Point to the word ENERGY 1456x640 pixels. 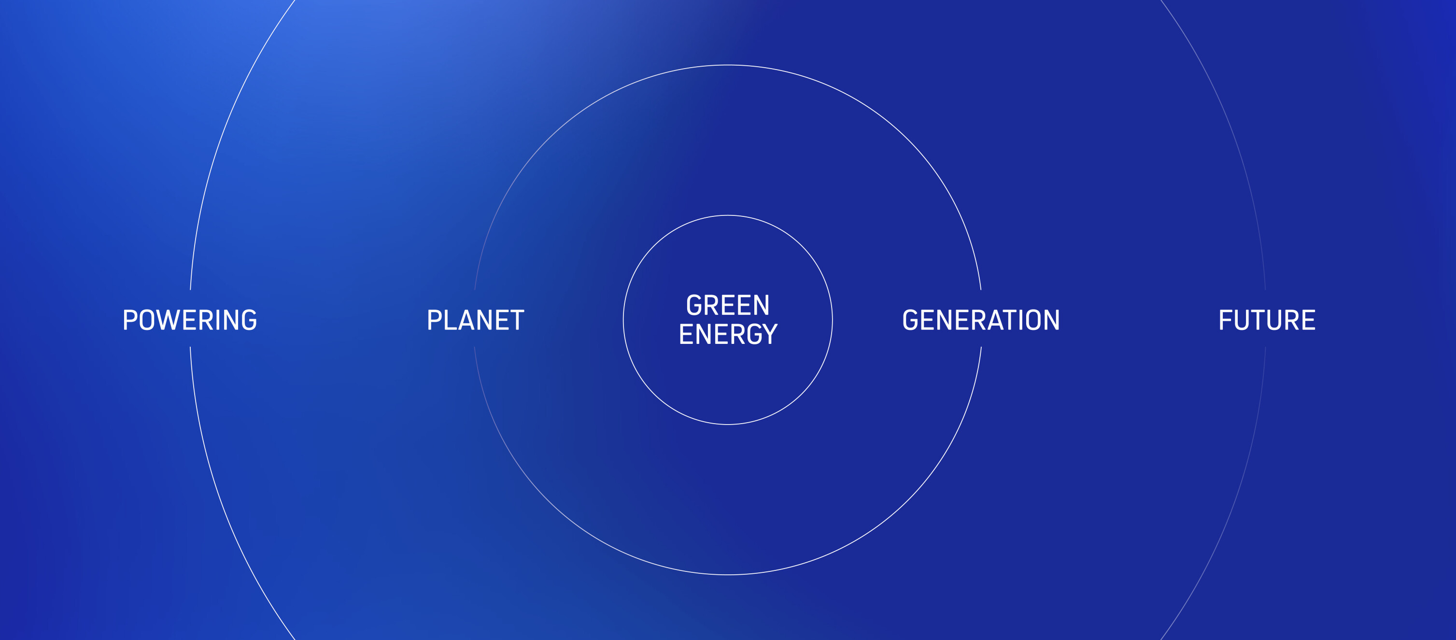point(728,334)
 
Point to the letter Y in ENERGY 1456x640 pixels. point(770,334)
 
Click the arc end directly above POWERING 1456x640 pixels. point(190,289)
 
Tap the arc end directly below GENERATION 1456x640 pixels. point(981,347)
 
